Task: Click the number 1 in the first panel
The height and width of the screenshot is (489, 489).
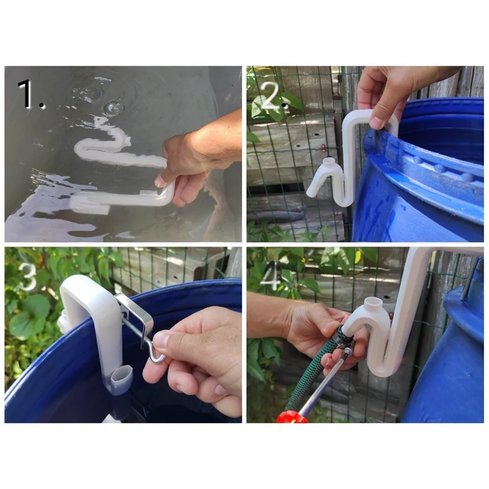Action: [26, 93]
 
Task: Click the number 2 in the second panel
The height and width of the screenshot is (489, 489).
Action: [271, 96]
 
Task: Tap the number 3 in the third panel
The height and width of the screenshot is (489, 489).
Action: [28, 276]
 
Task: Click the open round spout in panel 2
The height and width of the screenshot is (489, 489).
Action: [328, 162]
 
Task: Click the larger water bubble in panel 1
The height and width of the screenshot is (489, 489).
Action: [113, 108]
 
